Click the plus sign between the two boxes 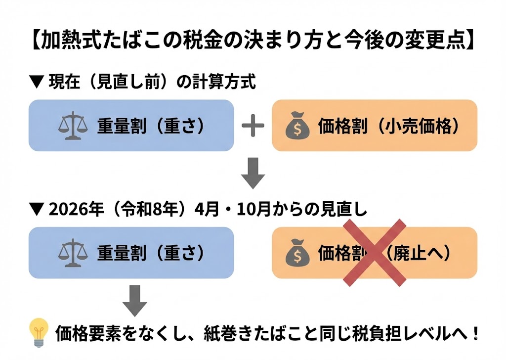[x=253, y=127]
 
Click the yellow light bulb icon [x=39, y=331]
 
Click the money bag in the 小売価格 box [x=298, y=127]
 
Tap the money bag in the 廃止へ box [x=298, y=253]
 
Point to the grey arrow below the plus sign [x=253, y=173]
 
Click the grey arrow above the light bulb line [x=134, y=300]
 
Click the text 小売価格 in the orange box [x=416, y=127]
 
